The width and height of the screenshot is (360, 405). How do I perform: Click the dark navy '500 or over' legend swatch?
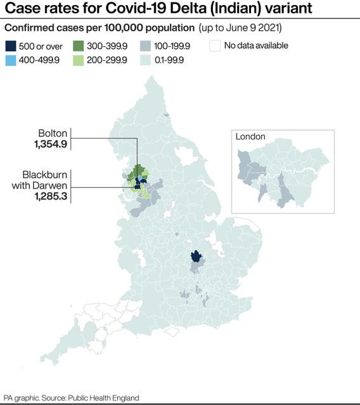[11, 46]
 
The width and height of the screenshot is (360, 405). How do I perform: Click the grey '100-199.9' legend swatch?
[146, 46]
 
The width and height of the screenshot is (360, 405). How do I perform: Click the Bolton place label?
[53, 134]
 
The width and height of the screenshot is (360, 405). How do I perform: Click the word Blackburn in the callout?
[45, 175]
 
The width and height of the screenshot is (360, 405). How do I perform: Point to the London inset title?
[250, 136]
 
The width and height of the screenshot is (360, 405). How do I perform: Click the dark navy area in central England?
[196, 257]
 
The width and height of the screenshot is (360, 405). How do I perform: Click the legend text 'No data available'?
[257, 46]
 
